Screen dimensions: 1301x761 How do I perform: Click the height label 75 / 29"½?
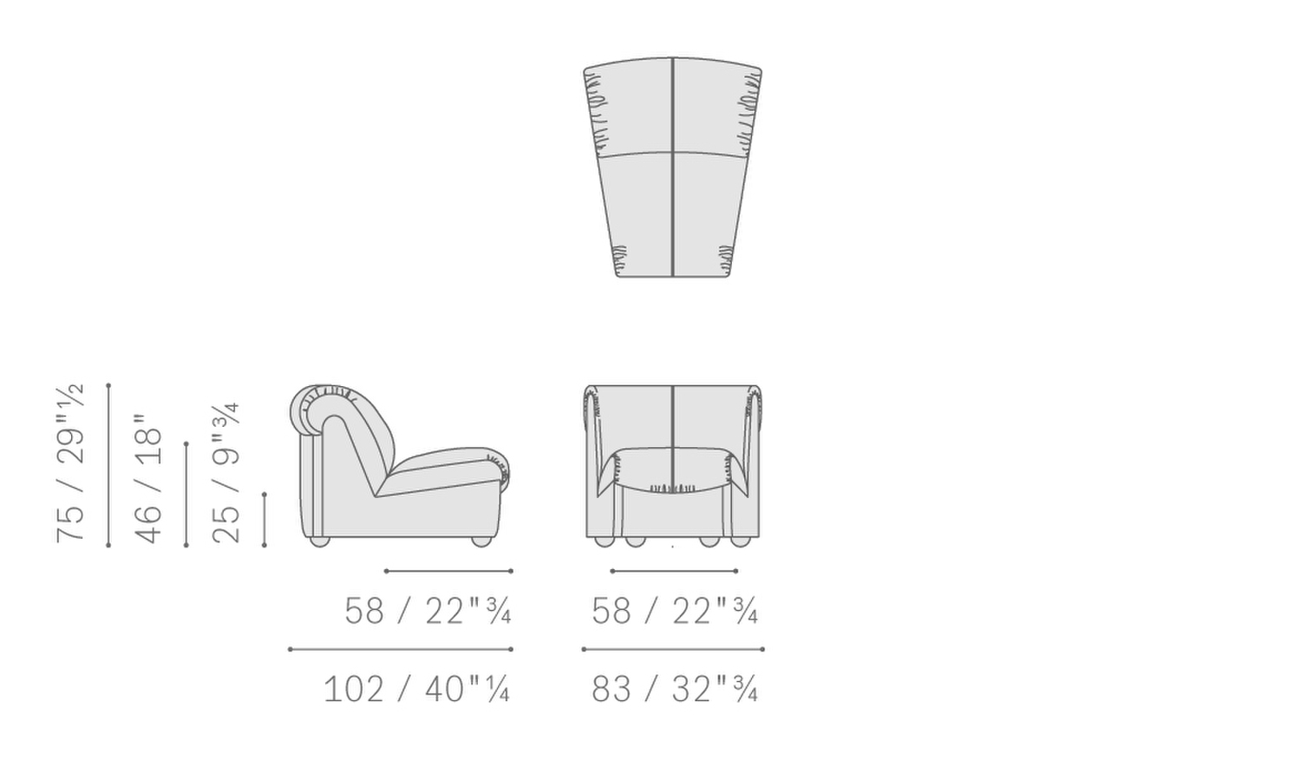[70, 463]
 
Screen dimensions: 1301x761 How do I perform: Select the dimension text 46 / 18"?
[148, 479]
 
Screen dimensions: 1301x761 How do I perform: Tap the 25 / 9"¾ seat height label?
[226, 473]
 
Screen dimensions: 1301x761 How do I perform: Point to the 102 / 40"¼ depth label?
[416, 689]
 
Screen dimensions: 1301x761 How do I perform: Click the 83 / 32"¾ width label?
[674, 689]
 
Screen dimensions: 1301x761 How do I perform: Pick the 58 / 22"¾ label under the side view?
[428, 611]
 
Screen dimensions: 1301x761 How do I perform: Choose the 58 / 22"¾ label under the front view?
[674, 611]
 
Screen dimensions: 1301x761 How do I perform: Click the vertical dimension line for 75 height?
[108, 465]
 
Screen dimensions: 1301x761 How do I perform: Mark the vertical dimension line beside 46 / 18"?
[186, 495]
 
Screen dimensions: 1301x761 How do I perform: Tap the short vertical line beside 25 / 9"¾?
[265, 520]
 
